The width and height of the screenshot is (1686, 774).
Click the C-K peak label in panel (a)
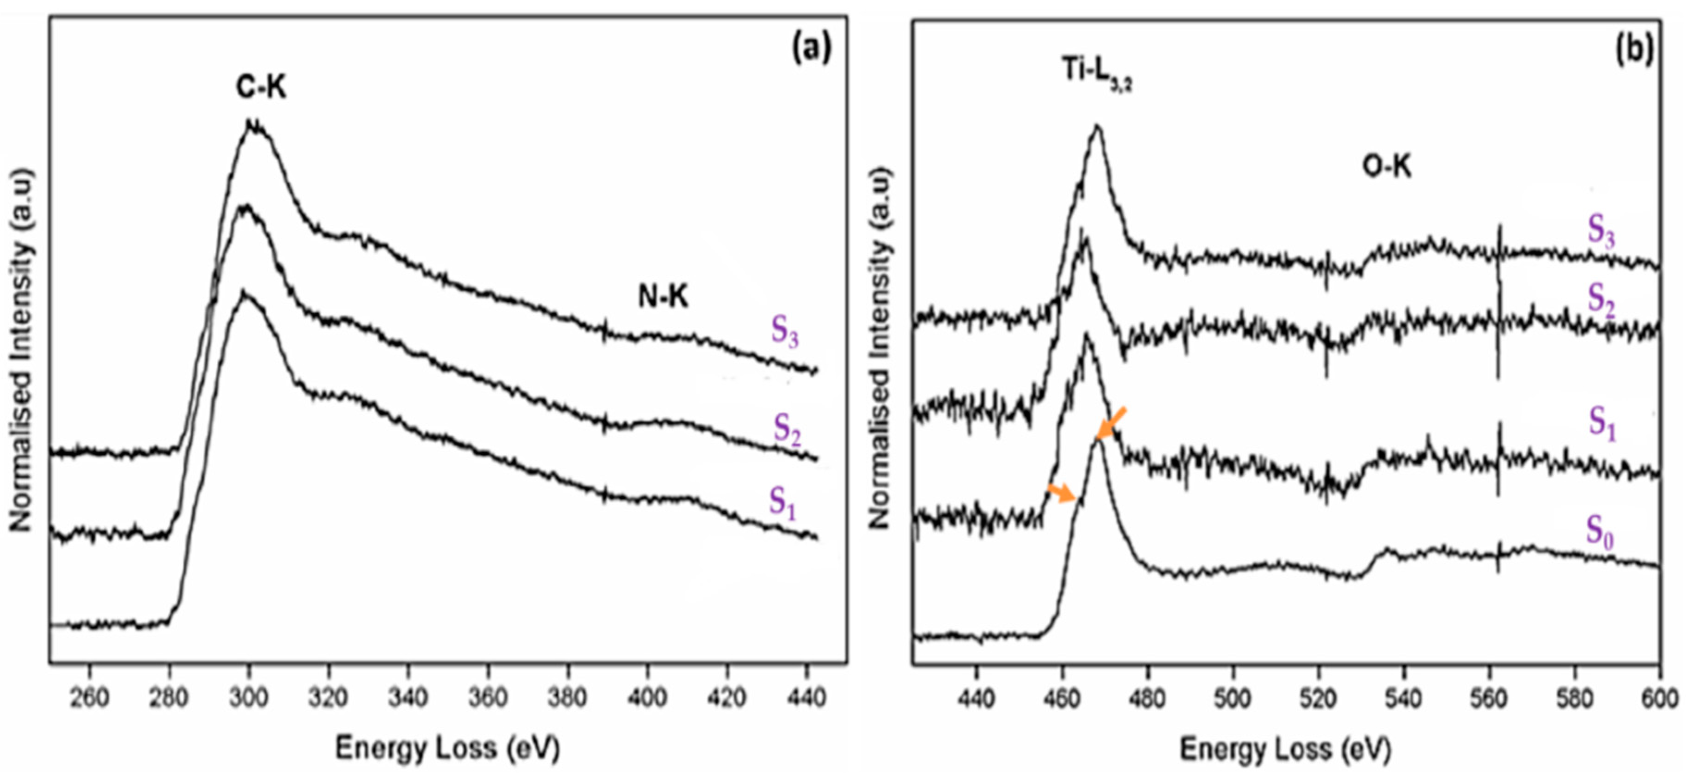[261, 87]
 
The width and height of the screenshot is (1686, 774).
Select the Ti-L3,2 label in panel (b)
[1096, 71]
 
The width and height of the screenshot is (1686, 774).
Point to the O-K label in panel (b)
[1386, 167]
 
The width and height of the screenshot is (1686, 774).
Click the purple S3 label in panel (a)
[784, 330]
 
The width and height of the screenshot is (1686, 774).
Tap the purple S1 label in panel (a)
[782, 503]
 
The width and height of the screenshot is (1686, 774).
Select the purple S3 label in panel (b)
[1601, 231]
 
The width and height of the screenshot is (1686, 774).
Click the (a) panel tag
[812, 49]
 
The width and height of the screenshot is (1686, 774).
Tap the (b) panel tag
[1634, 49]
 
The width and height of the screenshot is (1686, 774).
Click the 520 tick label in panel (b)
[1318, 699]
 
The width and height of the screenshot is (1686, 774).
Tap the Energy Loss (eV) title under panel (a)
[448, 747]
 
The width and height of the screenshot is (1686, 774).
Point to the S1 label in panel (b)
[1601, 422]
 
